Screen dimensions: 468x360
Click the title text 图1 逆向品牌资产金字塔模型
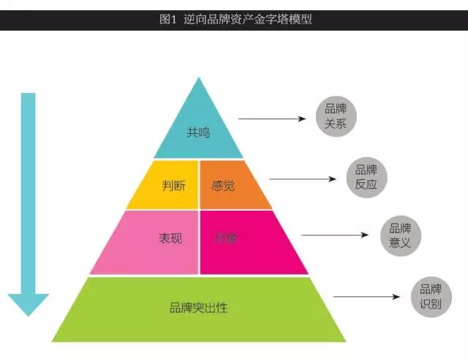[235, 20]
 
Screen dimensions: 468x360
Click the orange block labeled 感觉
[227, 184]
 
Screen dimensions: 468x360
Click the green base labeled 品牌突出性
[199, 308]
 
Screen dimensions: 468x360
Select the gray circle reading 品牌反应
[366, 176]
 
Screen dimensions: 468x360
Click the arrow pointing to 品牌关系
[271, 119]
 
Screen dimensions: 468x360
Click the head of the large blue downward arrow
[29, 303]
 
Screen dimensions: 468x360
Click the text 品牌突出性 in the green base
[199, 308]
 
